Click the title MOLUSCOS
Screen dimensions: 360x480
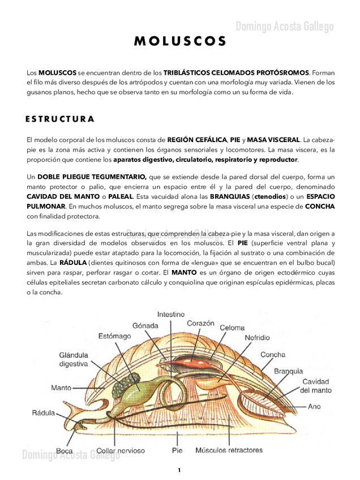[x=180, y=42]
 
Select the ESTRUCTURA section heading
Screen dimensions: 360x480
[x=60, y=119]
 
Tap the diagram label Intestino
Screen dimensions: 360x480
[x=170, y=314]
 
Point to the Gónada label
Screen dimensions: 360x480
[x=145, y=325]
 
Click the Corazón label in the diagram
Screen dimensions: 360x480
[x=200, y=323]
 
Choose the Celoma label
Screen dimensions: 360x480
[x=232, y=327]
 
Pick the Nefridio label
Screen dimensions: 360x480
[x=257, y=337]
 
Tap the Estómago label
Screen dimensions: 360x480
[x=114, y=336]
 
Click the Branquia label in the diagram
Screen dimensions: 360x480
[x=289, y=371]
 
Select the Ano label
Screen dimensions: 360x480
[x=314, y=406]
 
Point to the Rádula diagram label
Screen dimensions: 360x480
[x=43, y=413]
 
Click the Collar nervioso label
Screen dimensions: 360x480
[x=121, y=451]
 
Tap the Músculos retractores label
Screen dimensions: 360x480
[x=229, y=451]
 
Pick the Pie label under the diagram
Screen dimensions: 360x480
[x=177, y=451]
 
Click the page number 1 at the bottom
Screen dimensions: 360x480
[x=179, y=470]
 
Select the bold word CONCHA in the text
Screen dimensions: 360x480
[x=320, y=207]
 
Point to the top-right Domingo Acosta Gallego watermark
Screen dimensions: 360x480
[x=285, y=27]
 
